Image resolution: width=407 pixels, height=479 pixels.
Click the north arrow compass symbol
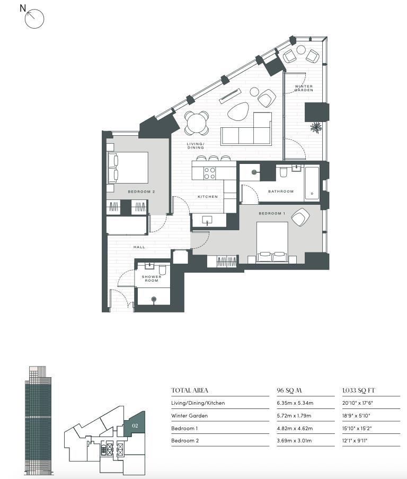34,19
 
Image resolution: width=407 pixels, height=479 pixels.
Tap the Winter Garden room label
304,88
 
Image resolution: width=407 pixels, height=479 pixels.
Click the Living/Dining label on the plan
196,146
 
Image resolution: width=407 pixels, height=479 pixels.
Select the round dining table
197,123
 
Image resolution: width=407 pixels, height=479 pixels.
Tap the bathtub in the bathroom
312,184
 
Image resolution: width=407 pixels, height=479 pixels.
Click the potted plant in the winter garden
316,127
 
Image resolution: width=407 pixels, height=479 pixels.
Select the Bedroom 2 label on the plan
141,192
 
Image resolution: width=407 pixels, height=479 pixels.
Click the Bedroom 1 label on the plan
272,214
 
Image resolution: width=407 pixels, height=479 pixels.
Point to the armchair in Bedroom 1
300,217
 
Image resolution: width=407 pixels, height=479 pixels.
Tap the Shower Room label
152,278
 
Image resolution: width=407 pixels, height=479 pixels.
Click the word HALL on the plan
139,247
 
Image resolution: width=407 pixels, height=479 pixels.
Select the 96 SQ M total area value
289,390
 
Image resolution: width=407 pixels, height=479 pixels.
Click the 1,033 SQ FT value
359,390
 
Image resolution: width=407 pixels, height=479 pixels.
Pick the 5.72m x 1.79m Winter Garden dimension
294,416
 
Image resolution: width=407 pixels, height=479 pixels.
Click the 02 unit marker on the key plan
135,426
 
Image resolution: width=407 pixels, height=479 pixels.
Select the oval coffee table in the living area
238,110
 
